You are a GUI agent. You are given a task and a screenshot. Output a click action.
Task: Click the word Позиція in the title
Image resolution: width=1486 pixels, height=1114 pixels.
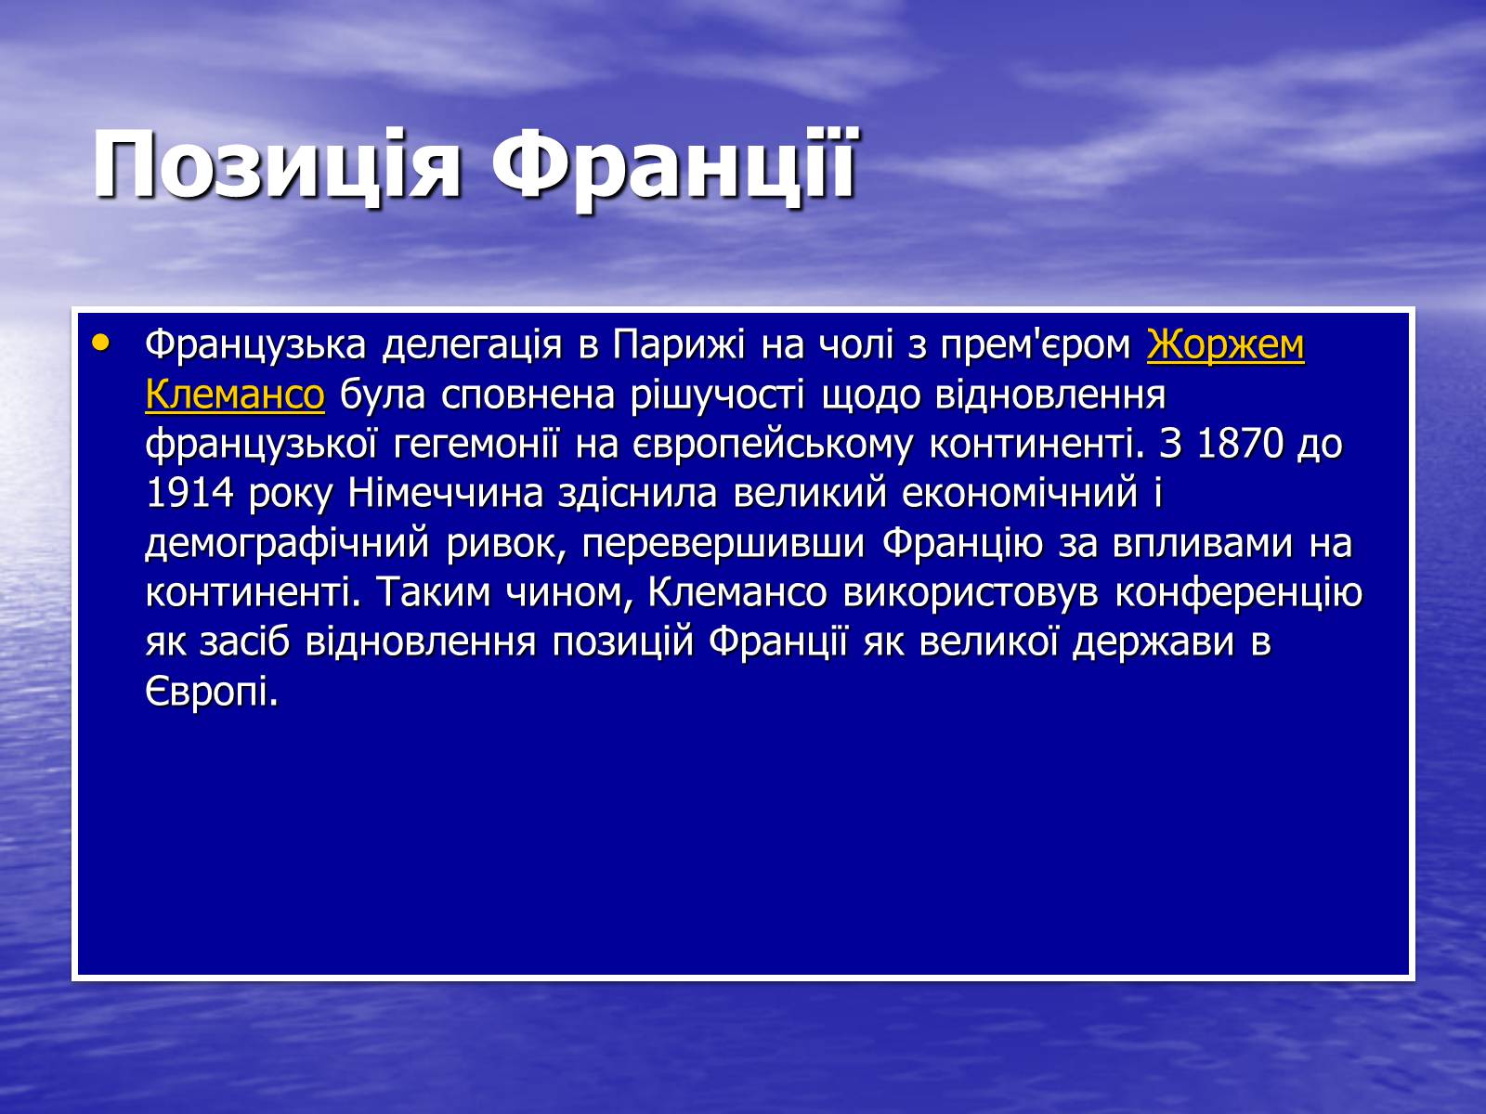point(277,166)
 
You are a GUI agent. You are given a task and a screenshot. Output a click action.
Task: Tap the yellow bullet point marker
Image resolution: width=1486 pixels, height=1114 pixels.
point(101,343)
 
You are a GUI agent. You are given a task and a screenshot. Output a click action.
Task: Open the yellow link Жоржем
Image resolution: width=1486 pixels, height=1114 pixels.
point(1225,345)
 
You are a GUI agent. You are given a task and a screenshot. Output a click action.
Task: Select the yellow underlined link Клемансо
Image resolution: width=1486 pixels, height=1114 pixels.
point(235,395)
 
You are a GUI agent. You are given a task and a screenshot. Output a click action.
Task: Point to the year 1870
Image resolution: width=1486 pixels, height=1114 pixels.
point(1240,444)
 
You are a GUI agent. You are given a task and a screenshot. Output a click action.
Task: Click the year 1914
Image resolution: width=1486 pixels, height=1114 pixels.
point(189,493)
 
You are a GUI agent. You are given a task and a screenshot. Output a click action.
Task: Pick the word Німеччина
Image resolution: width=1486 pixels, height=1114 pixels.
point(446,493)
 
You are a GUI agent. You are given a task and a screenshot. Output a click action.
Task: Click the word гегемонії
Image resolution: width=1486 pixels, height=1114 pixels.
point(476,444)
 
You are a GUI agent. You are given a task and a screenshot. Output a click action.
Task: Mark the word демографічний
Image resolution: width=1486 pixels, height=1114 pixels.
point(288,543)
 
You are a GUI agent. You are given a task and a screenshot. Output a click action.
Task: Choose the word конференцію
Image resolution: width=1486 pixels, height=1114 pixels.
point(1238,593)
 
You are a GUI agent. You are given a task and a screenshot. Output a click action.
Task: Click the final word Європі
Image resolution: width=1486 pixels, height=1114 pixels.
point(212,692)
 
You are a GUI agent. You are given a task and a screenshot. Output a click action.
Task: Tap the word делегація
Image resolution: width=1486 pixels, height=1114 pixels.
point(472,345)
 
